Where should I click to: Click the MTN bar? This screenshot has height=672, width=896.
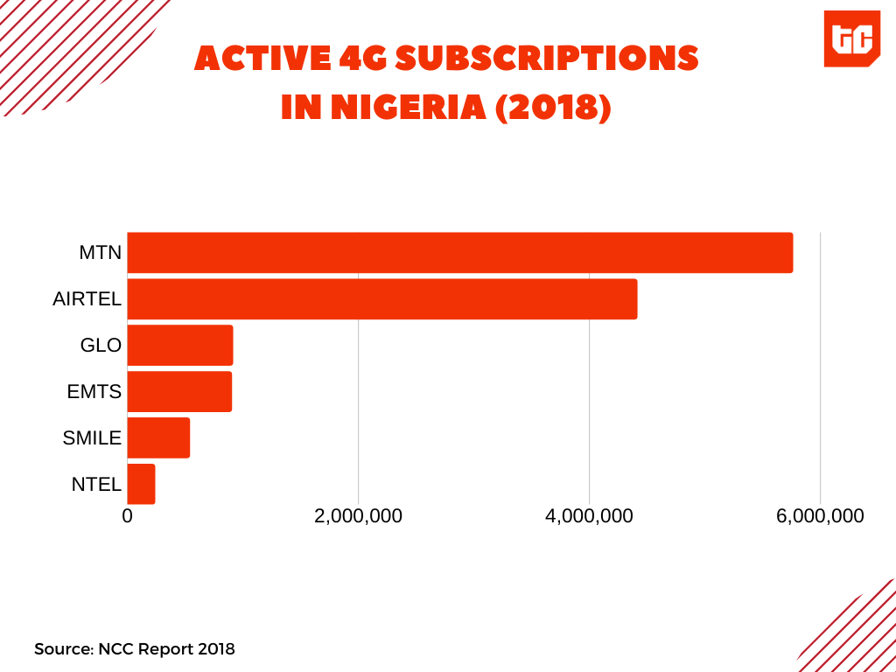pyautogui.click(x=459, y=253)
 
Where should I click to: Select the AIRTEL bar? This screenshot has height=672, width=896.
pyautogui.click(x=381, y=299)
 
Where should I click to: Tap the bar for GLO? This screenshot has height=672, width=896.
pyautogui.click(x=180, y=346)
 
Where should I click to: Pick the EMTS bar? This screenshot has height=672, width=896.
pyautogui.click(x=179, y=391)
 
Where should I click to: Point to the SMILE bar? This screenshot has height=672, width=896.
pyautogui.click(x=158, y=437)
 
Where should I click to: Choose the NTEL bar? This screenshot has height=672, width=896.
pyautogui.click(x=141, y=484)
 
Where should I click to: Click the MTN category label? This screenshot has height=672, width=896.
pyautogui.click(x=100, y=254)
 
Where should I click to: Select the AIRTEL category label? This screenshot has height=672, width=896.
pyautogui.click(x=87, y=300)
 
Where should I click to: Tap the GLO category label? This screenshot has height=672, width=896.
pyautogui.click(x=101, y=346)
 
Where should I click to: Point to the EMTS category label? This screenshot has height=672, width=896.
pyautogui.click(x=94, y=392)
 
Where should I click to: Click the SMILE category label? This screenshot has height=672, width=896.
pyautogui.click(x=92, y=438)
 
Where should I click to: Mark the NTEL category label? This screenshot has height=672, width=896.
pyautogui.click(x=96, y=484)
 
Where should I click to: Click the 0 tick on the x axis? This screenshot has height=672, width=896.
pyautogui.click(x=128, y=516)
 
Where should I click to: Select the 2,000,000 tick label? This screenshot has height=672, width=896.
pyautogui.click(x=358, y=516)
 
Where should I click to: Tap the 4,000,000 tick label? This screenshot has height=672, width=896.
pyautogui.click(x=589, y=516)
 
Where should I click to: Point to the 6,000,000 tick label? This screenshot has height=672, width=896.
pyautogui.click(x=820, y=516)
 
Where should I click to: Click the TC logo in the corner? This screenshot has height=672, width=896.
pyautogui.click(x=851, y=38)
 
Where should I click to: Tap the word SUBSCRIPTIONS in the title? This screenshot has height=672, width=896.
pyautogui.click(x=548, y=59)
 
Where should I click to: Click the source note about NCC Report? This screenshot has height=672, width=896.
pyautogui.click(x=135, y=649)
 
